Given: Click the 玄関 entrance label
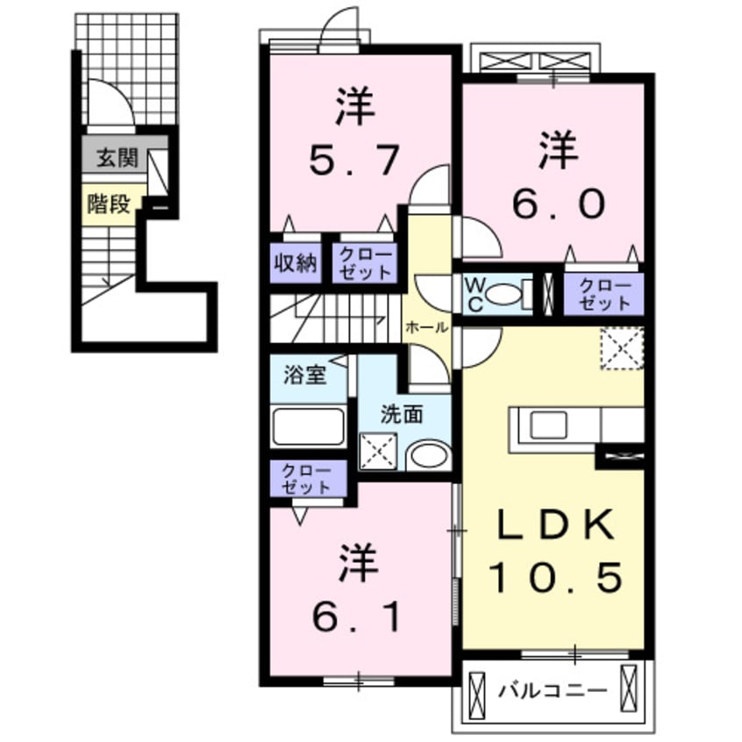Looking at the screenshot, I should point(117,159).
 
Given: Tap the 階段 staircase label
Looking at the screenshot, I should point(109,204).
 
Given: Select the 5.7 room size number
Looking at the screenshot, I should point(354,160).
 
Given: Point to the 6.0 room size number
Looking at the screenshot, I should point(558,204).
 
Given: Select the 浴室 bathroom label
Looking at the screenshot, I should point(304,375).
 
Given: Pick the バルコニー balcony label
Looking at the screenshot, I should point(553,691).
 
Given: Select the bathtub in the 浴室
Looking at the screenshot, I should point(307,427).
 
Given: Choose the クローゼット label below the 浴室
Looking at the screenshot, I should point(306,480).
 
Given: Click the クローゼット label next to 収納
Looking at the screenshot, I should point(364,263).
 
